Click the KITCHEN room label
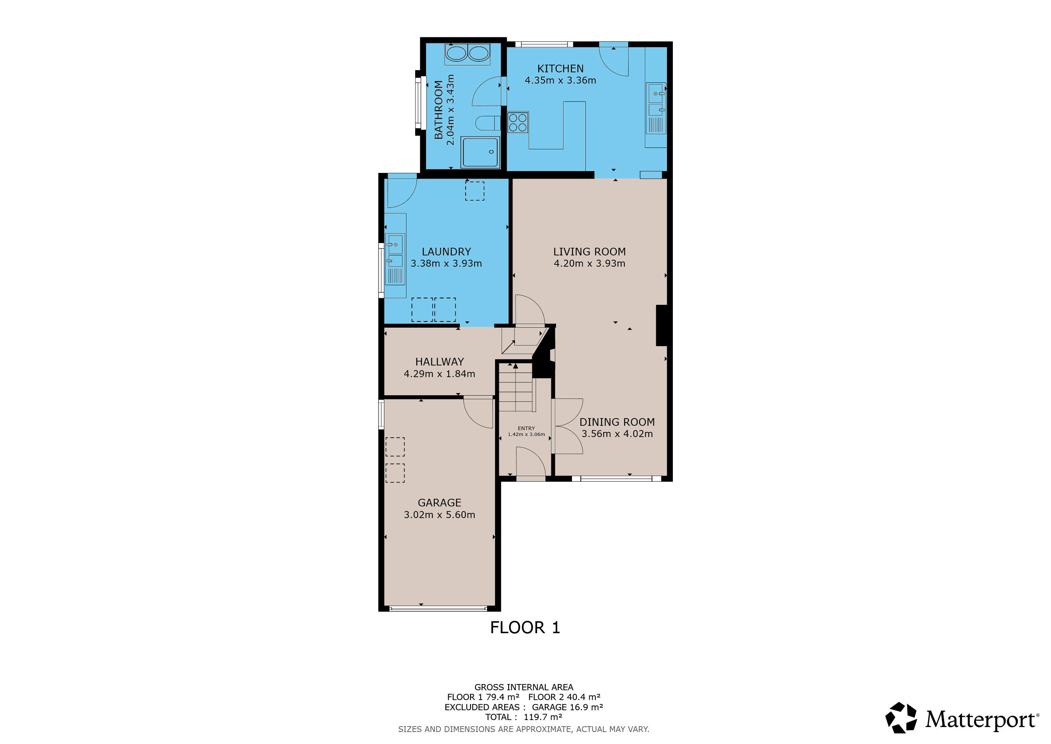click(x=560, y=69)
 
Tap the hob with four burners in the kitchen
click(x=518, y=122)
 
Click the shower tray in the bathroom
click(x=480, y=153)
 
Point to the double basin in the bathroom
click(x=467, y=54)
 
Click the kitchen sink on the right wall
click(x=656, y=108)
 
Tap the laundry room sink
click(x=395, y=259)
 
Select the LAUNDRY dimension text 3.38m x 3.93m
click(x=446, y=263)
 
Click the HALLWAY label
click(x=439, y=362)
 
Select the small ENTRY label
click(x=527, y=428)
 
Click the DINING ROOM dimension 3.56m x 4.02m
click(x=617, y=434)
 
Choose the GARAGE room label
click(x=439, y=503)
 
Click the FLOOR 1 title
click(x=525, y=628)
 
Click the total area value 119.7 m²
click(x=543, y=717)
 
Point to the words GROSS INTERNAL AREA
click(x=524, y=687)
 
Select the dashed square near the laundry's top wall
click(x=475, y=191)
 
